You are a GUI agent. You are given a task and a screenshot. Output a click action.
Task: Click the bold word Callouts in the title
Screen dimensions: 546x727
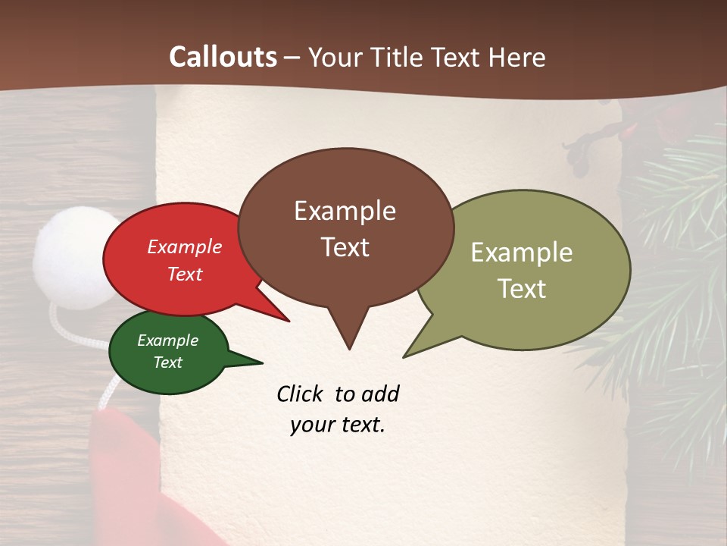[x=223, y=57]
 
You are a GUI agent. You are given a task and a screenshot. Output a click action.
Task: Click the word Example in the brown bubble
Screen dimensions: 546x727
[x=345, y=211]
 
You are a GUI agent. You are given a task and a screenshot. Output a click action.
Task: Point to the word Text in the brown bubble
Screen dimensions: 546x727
[x=345, y=247]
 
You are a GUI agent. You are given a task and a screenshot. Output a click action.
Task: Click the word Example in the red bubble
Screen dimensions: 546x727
[x=184, y=246]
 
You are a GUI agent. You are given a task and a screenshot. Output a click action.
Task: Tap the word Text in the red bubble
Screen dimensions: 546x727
[x=184, y=274]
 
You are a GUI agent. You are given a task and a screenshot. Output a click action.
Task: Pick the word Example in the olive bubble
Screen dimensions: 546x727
[x=522, y=252]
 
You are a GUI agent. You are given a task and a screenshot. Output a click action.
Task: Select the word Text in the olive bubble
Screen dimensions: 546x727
[x=522, y=288]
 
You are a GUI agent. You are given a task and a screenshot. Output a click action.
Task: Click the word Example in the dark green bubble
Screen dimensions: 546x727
[x=167, y=340]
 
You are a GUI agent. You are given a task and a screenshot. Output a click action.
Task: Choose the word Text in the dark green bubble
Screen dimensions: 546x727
[x=167, y=362]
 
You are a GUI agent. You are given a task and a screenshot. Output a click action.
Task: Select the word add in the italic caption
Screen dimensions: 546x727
[x=380, y=394]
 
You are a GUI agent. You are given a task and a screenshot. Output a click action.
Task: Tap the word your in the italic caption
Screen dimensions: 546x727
[x=308, y=424]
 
